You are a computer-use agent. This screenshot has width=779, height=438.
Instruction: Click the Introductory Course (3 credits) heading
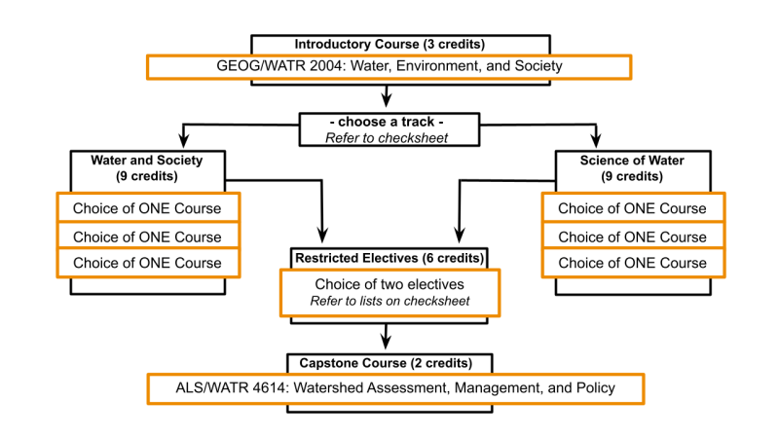click(389, 44)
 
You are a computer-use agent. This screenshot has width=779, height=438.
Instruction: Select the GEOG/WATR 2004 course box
click(389, 67)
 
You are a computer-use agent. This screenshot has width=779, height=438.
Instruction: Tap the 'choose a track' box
click(389, 129)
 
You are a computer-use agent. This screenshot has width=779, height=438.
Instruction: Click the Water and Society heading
click(147, 167)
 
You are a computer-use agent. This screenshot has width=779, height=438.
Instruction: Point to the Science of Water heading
click(632, 167)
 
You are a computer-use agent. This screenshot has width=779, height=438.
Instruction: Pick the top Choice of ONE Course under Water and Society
click(148, 208)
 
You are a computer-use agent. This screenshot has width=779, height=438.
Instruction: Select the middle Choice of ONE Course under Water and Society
click(148, 237)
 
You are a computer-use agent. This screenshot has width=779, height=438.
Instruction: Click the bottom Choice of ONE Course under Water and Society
click(148, 263)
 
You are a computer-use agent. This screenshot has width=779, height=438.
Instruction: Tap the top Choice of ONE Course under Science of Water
click(633, 208)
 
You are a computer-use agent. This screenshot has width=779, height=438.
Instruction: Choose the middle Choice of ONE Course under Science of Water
click(633, 237)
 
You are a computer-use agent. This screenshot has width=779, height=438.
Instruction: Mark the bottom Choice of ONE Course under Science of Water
click(633, 263)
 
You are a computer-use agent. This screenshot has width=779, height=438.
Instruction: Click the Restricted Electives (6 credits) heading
click(389, 258)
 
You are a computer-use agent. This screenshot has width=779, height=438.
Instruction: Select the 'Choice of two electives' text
click(389, 284)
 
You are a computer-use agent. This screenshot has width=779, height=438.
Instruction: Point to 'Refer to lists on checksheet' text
click(389, 301)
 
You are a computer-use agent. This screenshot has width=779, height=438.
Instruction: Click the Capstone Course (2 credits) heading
click(386, 363)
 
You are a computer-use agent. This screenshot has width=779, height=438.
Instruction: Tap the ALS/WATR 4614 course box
click(395, 388)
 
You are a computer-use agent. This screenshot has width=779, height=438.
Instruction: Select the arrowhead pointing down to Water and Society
click(184, 140)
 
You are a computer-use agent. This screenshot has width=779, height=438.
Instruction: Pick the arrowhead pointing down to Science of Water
click(596, 140)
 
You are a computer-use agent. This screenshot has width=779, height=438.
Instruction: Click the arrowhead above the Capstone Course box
click(386, 343)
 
